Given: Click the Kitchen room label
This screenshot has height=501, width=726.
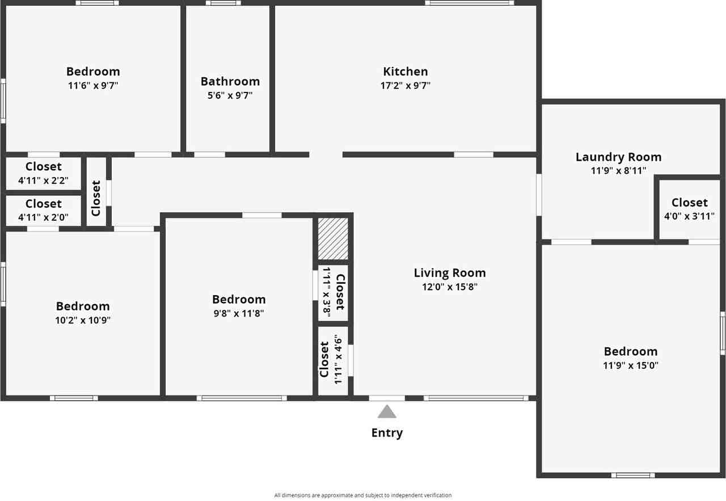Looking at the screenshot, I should (405, 71).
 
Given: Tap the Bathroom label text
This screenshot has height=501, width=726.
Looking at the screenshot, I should (230, 81).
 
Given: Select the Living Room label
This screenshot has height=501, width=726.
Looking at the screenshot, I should (449, 273).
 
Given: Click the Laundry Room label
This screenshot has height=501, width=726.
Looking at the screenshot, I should (618, 157).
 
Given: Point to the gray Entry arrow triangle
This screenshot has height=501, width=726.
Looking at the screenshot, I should (387, 411).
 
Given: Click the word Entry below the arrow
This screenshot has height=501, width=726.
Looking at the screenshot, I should (387, 433).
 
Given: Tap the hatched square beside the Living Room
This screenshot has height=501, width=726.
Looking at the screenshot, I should (333, 238).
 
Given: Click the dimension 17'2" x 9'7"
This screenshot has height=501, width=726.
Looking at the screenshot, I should (405, 86).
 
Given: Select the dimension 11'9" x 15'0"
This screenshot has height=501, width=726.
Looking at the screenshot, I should (630, 365).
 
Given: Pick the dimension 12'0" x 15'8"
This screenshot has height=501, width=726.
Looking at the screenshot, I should (449, 287).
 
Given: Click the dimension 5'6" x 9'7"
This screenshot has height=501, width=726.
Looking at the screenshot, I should (230, 95).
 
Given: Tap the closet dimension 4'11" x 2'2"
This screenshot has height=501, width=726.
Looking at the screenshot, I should (44, 180).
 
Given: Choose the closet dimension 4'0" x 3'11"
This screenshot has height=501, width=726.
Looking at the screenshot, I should (689, 216).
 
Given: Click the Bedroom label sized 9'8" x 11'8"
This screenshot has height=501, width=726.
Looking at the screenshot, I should (239, 299).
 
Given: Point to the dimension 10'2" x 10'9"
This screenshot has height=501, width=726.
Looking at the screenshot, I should (83, 320).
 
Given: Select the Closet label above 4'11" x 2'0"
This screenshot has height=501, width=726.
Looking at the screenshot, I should (44, 203).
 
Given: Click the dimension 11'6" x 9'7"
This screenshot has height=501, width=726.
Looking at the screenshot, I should (93, 86).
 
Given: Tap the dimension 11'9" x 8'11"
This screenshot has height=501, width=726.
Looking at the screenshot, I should (618, 170).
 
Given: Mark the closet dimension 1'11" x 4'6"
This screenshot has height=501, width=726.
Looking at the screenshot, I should (339, 359).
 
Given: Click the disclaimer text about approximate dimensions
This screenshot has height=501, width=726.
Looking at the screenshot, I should (363, 495).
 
